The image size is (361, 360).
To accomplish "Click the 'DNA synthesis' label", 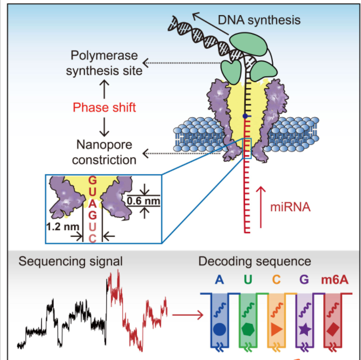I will pos(258,20).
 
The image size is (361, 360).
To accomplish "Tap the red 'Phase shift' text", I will pos(103,107).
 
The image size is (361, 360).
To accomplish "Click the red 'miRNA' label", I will pos(291,206).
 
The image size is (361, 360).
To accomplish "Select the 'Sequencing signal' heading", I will pos(70,262).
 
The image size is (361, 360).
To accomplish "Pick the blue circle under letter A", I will pos(219,329).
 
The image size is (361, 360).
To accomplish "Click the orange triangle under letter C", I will pos(276,329).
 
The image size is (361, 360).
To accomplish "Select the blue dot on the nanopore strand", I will pos(245,116).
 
